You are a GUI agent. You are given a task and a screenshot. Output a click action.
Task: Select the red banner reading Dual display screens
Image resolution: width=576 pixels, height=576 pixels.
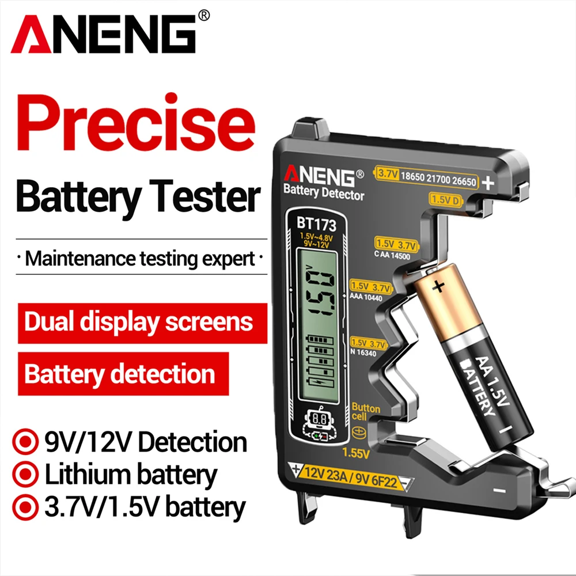(139, 321)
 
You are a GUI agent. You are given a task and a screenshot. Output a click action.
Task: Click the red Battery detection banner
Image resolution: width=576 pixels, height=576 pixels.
(120, 374)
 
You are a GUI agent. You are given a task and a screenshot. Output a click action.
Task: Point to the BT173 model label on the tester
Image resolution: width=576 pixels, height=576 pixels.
(316, 223)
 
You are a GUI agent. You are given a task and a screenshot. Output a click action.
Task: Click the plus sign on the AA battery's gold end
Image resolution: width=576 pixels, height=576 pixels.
(439, 285)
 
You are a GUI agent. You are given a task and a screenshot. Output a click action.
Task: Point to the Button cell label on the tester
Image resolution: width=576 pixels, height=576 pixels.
(366, 412)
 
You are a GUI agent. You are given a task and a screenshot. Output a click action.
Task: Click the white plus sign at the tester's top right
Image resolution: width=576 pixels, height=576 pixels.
(488, 183)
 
